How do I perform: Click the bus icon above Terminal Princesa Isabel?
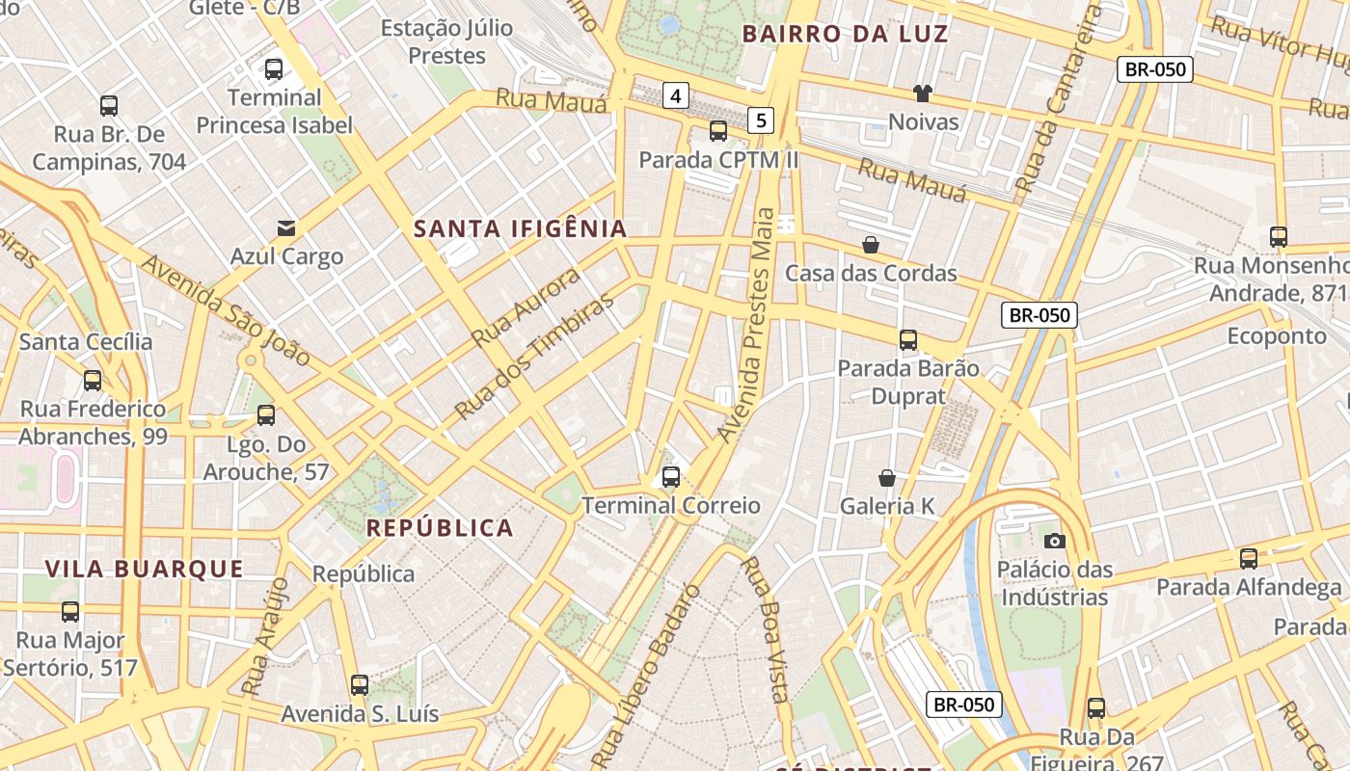[x=274, y=69]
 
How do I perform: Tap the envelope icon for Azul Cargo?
[x=286, y=228]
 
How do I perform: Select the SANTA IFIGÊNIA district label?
[x=521, y=228]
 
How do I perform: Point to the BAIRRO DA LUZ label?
[x=845, y=35]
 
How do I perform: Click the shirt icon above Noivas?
[x=923, y=93]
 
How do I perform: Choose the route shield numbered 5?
[x=762, y=120]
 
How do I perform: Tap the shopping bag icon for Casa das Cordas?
[x=871, y=245]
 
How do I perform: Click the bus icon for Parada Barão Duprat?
[x=908, y=339]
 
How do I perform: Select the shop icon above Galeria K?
[x=887, y=478]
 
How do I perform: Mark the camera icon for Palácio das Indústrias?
[x=1055, y=541]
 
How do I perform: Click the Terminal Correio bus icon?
[x=671, y=476]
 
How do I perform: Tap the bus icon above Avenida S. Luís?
[x=360, y=685]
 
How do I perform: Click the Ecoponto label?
[x=1277, y=335]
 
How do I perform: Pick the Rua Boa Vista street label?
[x=768, y=630]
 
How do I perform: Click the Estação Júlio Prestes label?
[x=446, y=41]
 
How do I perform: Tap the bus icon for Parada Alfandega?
[x=1249, y=558]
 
